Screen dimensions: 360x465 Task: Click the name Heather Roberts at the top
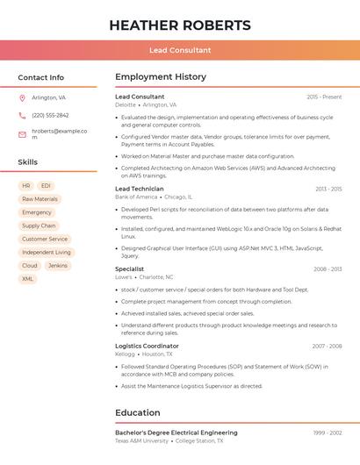click(x=180, y=25)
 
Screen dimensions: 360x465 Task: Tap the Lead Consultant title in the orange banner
click(x=180, y=51)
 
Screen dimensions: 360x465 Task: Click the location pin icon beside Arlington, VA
click(x=22, y=97)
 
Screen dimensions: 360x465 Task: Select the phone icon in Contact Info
click(x=22, y=115)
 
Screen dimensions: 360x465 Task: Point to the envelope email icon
click(x=22, y=134)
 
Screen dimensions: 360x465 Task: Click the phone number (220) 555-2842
click(x=50, y=115)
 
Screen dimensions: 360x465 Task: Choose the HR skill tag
click(x=26, y=186)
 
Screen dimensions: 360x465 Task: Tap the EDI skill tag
click(x=46, y=186)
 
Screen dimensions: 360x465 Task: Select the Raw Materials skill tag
click(x=40, y=199)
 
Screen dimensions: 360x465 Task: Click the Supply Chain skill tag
click(x=39, y=225)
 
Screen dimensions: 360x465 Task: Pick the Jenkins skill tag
click(x=58, y=265)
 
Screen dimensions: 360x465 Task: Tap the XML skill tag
click(x=27, y=279)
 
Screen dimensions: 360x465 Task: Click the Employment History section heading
click(x=160, y=77)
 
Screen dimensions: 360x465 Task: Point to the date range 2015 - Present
click(x=324, y=97)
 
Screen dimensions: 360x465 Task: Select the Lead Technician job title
click(x=140, y=189)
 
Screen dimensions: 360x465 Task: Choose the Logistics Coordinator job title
click(x=147, y=346)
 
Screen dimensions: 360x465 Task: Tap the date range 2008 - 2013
click(x=328, y=269)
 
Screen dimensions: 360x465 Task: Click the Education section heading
click(x=138, y=412)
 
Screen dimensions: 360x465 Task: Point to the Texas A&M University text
click(x=142, y=441)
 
